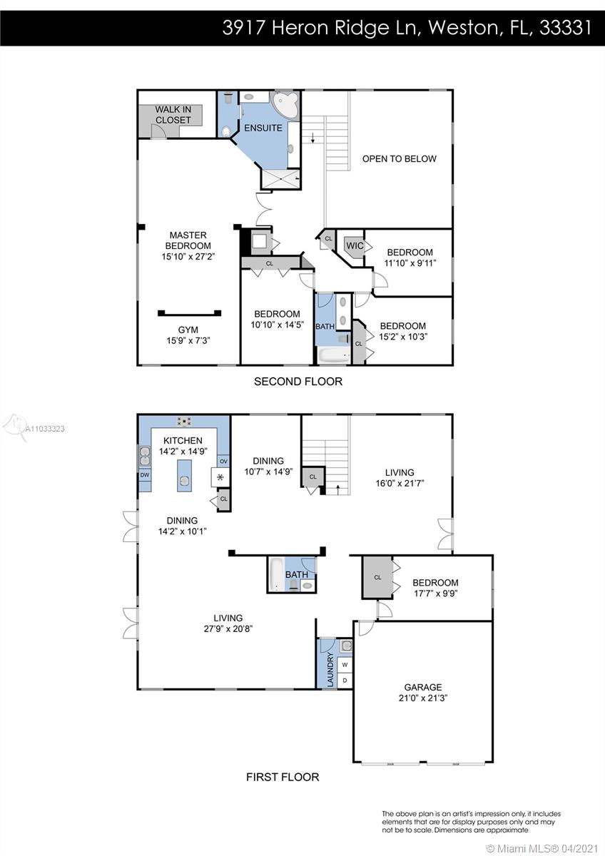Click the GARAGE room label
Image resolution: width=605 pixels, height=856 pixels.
click(x=422, y=687)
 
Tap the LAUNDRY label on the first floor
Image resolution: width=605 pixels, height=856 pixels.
click(x=330, y=669)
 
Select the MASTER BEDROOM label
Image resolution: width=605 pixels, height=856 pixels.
click(x=188, y=240)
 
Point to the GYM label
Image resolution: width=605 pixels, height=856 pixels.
click(x=188, y=330)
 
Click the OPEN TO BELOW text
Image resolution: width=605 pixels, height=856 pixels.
click(x=400, y=158)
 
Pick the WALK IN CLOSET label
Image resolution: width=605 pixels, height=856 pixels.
click(x=173, y=115)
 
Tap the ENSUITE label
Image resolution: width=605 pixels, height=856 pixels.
click(x=263, y=128)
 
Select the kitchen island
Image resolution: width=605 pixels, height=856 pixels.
click(x=185, y=476)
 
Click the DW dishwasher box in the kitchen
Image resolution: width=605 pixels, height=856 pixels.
click(x=145, y=475)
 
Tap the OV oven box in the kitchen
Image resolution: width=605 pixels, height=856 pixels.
click(x=223, y=462)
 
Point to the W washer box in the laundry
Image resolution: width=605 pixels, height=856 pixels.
click(x=345, y=665)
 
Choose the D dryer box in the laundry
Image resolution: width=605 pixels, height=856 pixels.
click(x=345, y=681)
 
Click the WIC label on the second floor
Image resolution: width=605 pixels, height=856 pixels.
click(x=355, y=245)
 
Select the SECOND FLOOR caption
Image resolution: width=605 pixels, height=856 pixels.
click(x=298, y=382)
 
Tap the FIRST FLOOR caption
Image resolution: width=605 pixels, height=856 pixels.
click(x=283, y=777)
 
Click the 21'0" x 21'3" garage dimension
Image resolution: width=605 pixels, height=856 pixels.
click(x=422, y=698)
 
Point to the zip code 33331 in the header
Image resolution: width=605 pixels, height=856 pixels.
click(x=565, y=28)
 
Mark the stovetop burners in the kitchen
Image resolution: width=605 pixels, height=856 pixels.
click(x=184, y=422)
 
